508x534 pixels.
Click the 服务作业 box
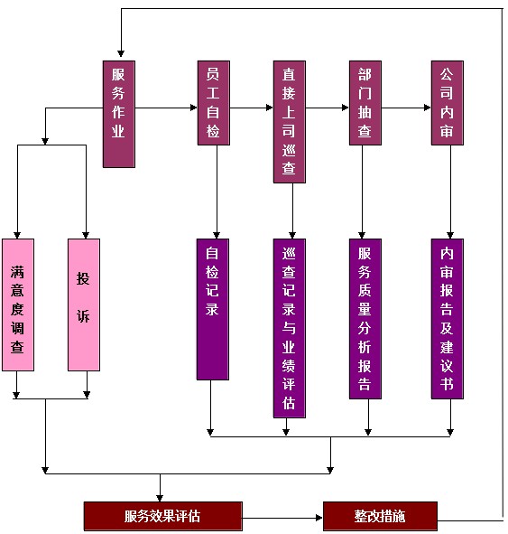coord(119,114)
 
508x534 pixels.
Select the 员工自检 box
coord(214,103)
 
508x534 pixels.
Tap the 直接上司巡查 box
coord(290,122)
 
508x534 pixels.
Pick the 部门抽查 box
coord(365,103)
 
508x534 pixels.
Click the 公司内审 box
coord(448,103)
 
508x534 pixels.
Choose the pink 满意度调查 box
coord(18,304)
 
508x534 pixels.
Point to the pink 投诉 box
coord(84,304)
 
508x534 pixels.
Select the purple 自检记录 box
coord(213,309)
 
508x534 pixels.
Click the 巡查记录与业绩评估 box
coord(290,328)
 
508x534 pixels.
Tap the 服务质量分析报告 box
coord(365,319)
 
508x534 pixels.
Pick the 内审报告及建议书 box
coord(448,319)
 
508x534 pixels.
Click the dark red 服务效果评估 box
coord(163,516)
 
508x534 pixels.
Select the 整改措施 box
coord(380,516)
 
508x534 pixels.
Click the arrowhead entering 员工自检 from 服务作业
coord(194,108)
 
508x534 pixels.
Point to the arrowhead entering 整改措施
coord(319,518)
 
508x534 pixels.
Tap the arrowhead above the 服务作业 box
coord(121,53)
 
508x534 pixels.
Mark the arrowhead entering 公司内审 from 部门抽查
coord(428,108)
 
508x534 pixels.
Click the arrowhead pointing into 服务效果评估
coord(160,498)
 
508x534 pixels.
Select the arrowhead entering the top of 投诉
coord(86,235)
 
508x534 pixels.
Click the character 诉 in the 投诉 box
coord(83,316)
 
